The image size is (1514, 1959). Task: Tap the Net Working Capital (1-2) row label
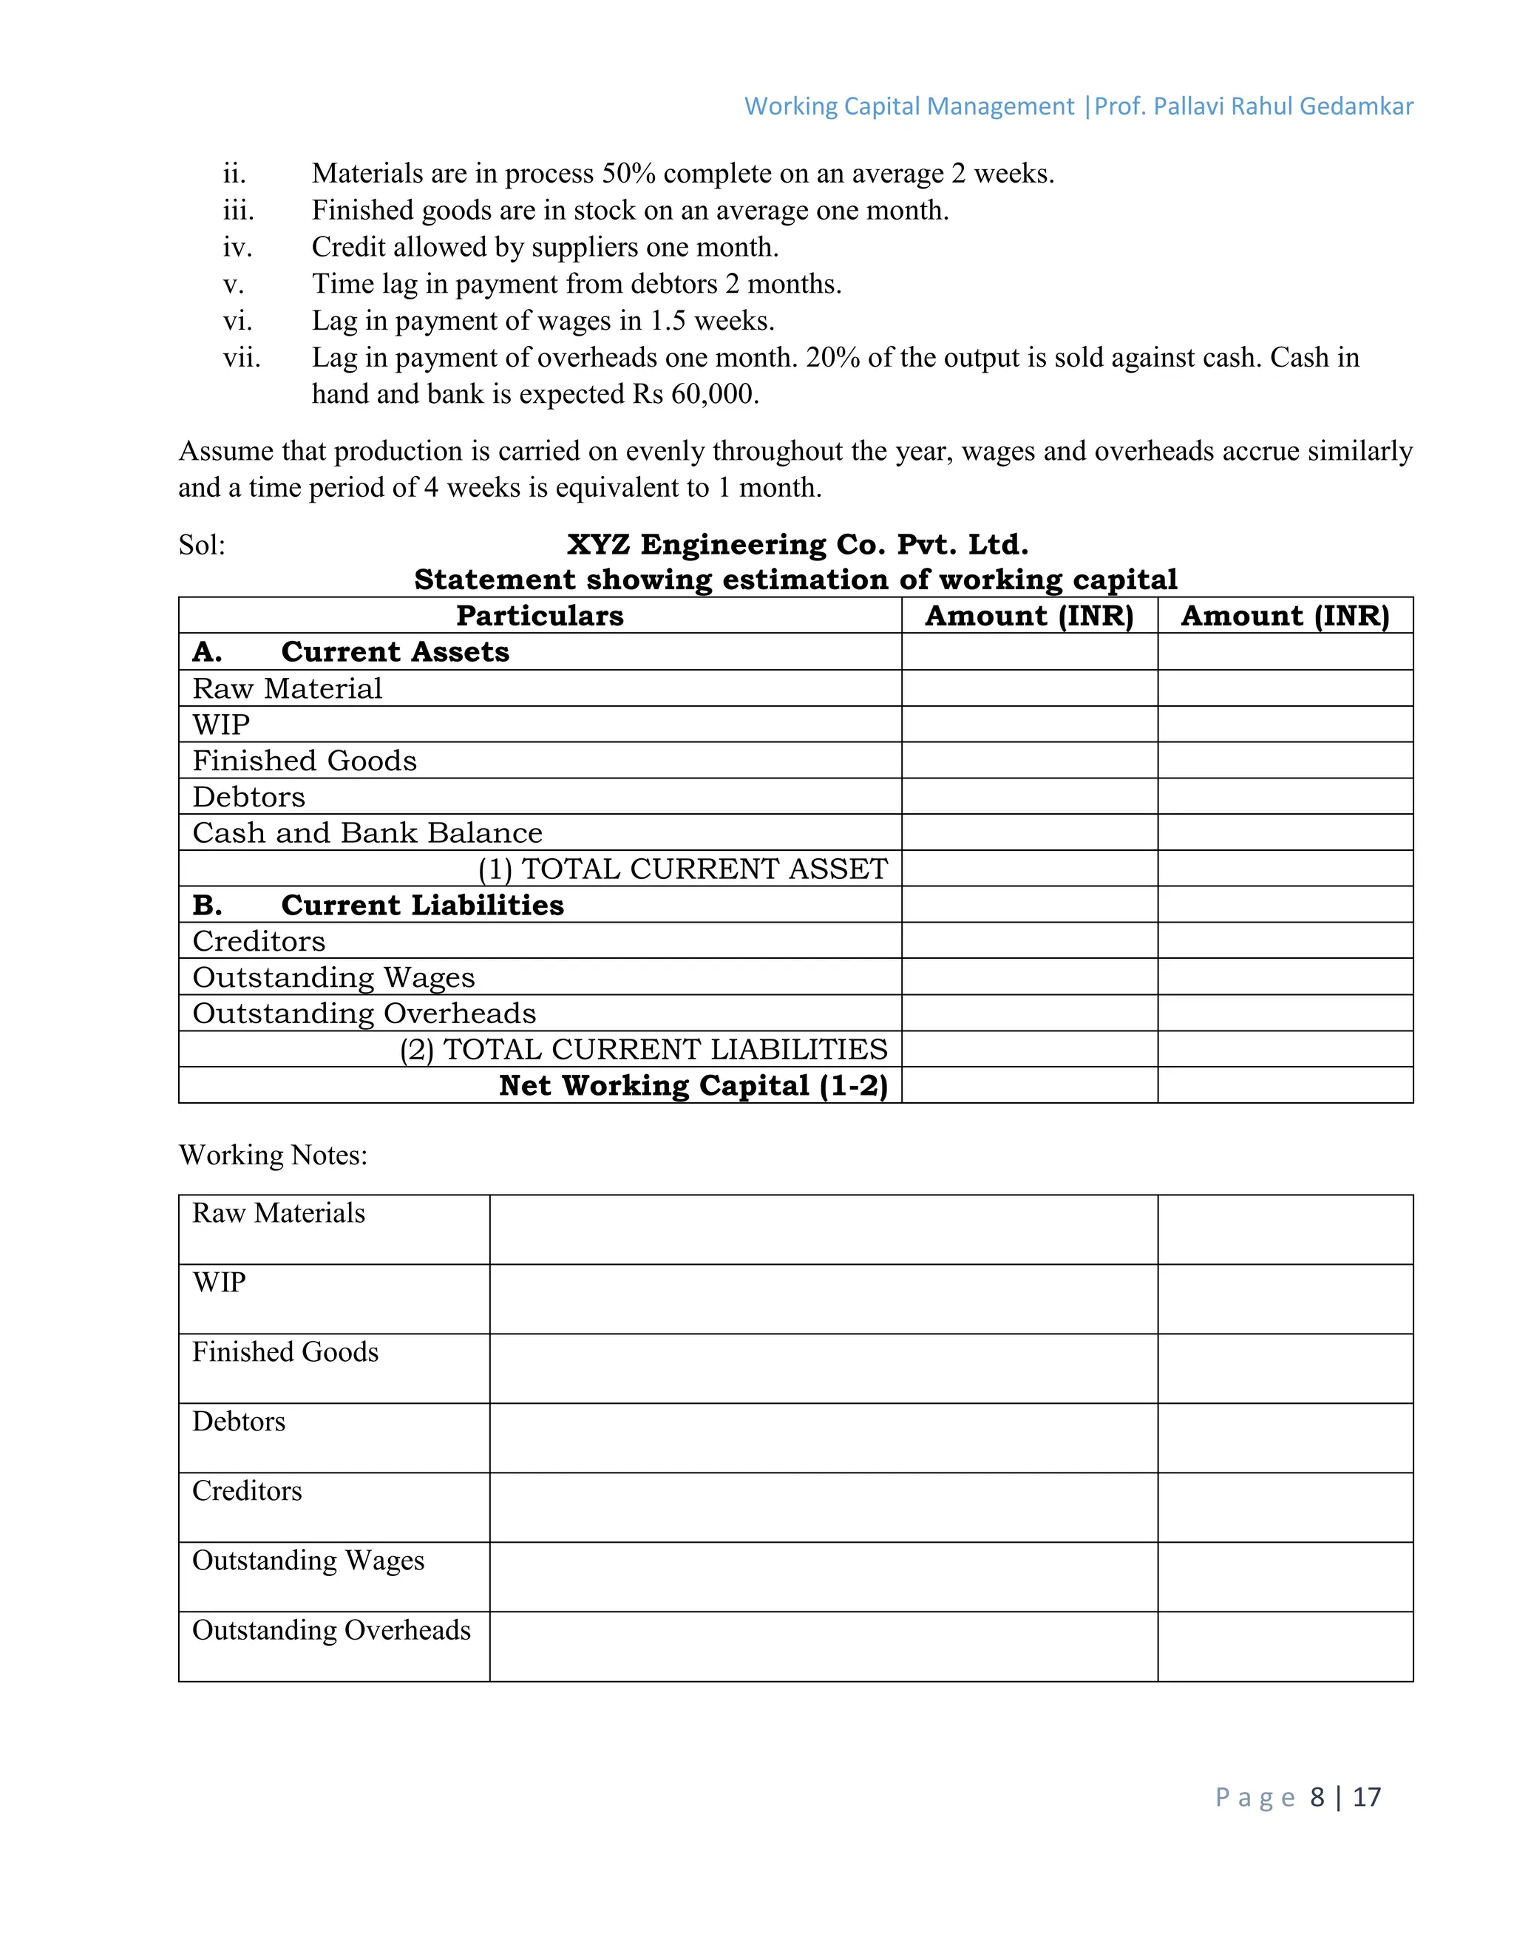click(693, 1085)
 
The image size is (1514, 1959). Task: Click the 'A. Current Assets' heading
click(350, 652)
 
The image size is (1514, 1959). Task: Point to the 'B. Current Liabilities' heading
click(378, 905)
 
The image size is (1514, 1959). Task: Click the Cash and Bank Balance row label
click(367, 832)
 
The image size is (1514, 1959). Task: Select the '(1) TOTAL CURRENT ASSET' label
click(682, 869)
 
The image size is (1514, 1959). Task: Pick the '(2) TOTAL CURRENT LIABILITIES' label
click(643, 1050)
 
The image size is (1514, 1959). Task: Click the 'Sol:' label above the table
click(202, 546)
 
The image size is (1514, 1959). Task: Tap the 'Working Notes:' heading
click(273, 1155)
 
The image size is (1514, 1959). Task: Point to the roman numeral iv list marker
click(238, 247)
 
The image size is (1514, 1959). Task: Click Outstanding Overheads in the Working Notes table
click(331, 1630)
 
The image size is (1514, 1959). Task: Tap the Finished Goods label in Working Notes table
click(285, 1352)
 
